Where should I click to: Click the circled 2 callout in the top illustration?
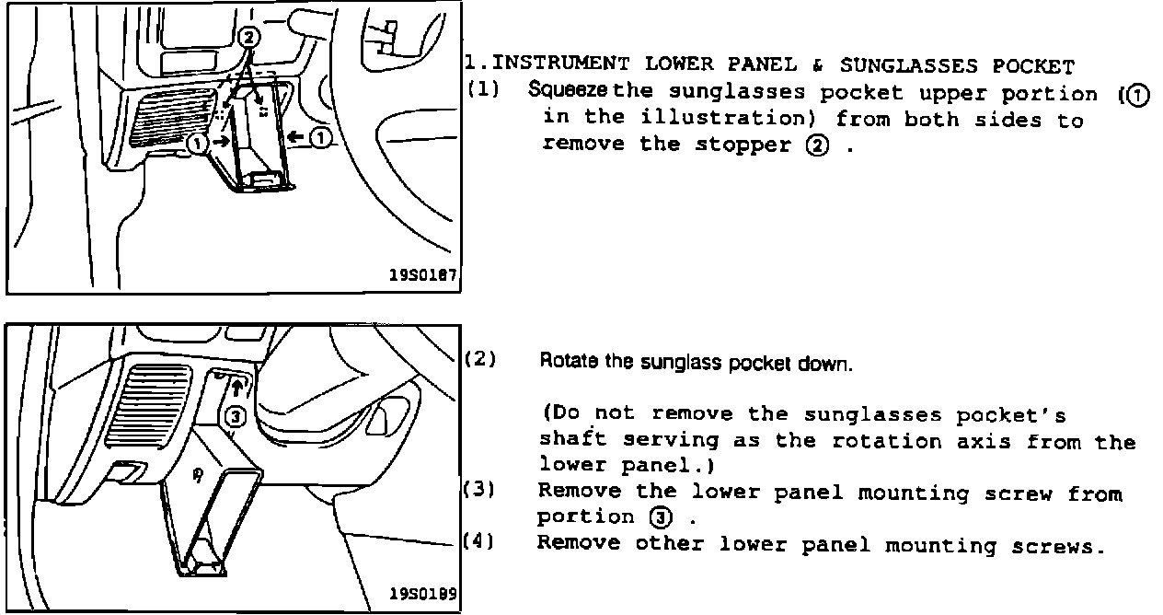pos(248,38)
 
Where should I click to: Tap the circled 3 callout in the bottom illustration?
pos(236,416)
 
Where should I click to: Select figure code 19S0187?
pos(422,274)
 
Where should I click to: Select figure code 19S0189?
pos(422,593)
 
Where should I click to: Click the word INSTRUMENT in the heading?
pos(559,64)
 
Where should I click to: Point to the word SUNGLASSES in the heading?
pos(909,66)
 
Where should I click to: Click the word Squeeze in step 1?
pos(567,90)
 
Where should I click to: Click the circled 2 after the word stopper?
pos(817,146)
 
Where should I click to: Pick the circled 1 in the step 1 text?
pos(1137,96)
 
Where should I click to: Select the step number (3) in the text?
pos(479,489)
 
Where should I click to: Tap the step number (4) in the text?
pos(478,541)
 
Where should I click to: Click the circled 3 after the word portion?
pos(661,517)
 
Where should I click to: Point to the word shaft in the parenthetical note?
pos(572,438)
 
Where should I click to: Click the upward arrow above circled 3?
pos(236,388)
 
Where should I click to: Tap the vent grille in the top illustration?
pos(171,119)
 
